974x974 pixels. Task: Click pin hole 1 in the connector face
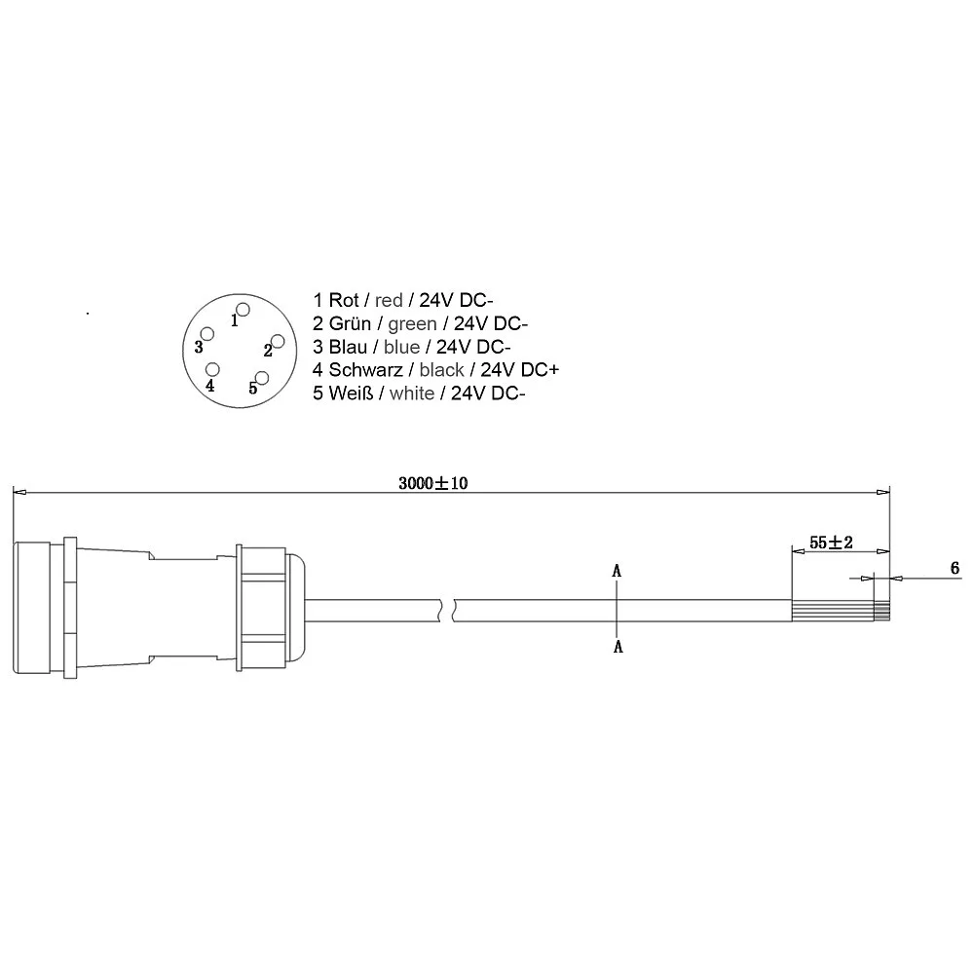pyautogui.click(x=243, y=310)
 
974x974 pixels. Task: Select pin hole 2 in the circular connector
pyautogui.click(x=278, y=341)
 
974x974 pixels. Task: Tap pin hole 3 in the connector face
pyautogui.click(x=206, y=334)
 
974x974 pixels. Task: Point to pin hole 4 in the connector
pyautogui.click(x=212, y=369)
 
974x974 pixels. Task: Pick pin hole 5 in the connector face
pyautogui.click(x=262, y=378)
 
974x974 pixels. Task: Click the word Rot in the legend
pyautogui.click(x=344, y=300)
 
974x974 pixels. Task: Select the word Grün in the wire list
pyautogui.click(x=350, y=323)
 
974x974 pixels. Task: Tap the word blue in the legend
pyautogui.click(x=401, y=347)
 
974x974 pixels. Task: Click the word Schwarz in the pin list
pyautogui.click(x=365, y=369)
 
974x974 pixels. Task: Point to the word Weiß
pyautogui.click(x=351, y=393)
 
